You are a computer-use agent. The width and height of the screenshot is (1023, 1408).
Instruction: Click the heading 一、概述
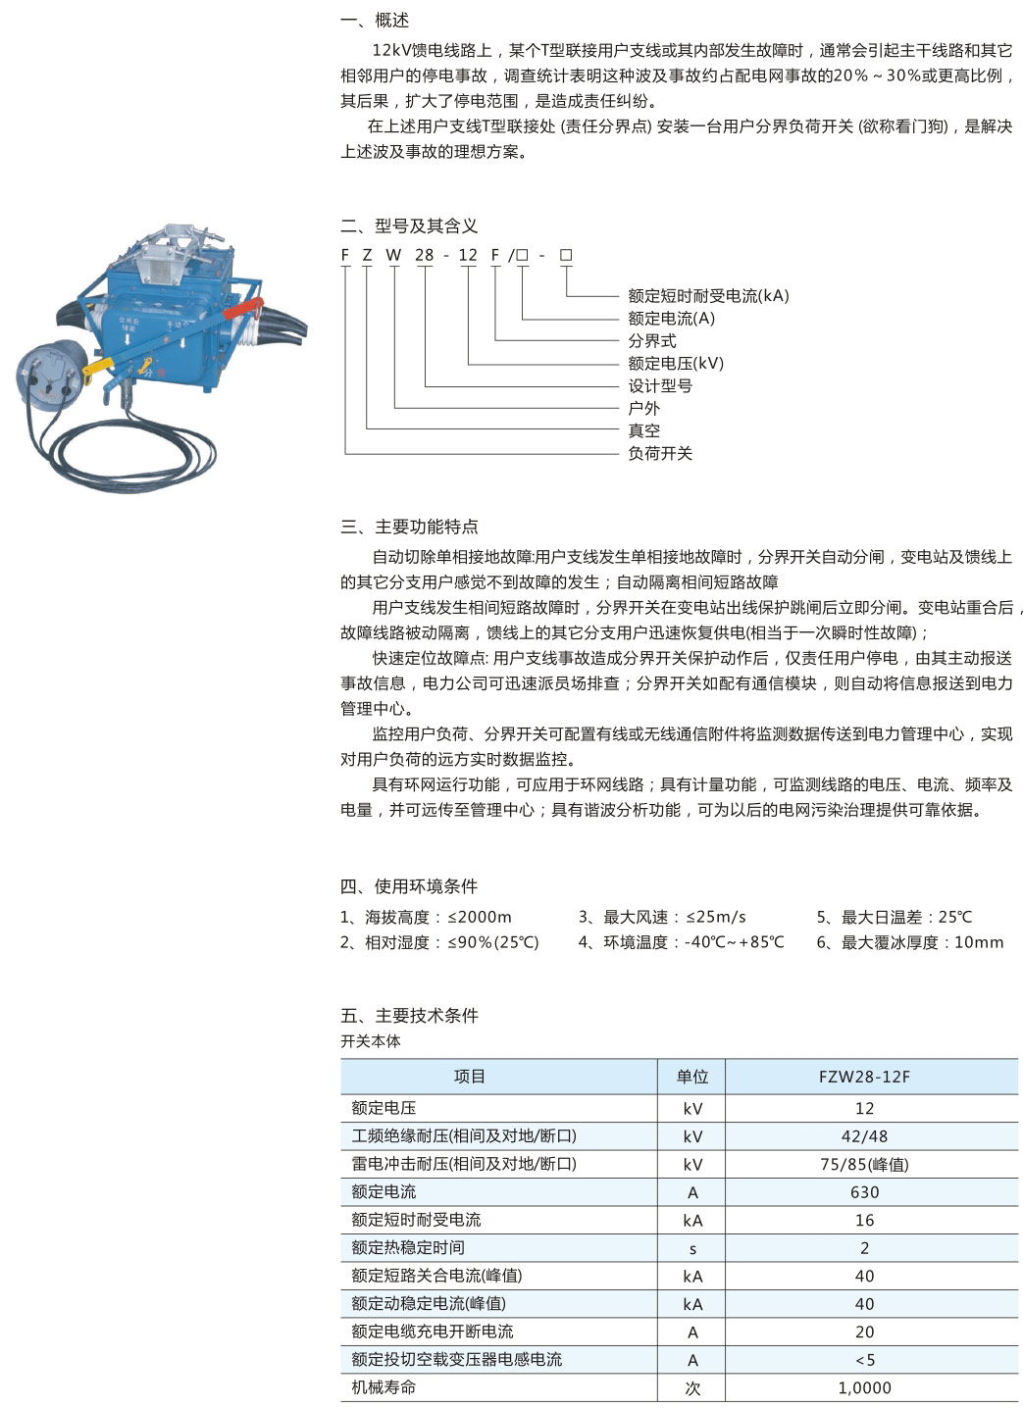tap(375, 21)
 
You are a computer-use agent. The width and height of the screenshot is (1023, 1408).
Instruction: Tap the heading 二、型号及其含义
tap(409, 226)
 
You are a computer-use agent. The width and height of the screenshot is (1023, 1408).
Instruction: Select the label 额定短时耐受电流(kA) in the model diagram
tap(708, 295)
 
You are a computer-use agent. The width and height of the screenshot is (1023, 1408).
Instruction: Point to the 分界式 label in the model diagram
tap(652, 340)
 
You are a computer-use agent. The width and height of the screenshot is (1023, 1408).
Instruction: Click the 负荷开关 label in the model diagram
tap(660, 453)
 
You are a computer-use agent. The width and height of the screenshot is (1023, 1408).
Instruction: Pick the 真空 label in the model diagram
tap(644, 430)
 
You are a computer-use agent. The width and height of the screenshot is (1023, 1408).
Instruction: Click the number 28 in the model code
tap(424, 255)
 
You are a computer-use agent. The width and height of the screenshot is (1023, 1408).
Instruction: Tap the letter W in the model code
tap(393, 255)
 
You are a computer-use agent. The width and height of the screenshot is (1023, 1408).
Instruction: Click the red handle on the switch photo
tap(241, 309)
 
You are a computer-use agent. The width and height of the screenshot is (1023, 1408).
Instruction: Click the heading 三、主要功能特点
tap(409, 528)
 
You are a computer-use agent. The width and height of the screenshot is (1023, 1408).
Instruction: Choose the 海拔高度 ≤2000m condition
tap(426, 918)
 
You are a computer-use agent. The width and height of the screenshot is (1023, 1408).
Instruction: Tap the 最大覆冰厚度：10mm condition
tap(910, 943)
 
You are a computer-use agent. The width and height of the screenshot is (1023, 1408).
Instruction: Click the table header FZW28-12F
tap(864, 1077)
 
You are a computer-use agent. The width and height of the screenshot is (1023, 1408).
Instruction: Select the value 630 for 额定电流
tap(864, 1192)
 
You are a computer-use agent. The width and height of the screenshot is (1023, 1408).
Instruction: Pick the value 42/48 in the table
tap(864, 1136)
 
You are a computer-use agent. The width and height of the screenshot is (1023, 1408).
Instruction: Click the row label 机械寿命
tap(384, 1387)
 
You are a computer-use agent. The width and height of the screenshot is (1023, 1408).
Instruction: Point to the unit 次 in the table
tap(692, 1388)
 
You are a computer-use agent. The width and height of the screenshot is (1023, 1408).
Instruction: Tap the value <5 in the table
tap(864, 1360)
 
